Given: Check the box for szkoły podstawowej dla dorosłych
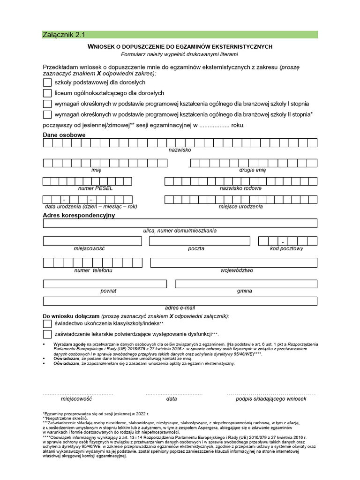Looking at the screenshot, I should pyautogui.click(x=47, y=82).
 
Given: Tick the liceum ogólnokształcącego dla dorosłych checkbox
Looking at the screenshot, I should pyautogui.click(x=47, y=93).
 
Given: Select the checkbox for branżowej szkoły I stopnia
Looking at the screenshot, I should pyautogui.click(x=47, y=104).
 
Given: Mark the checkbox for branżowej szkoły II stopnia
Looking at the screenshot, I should pyautogui.click(x=47, y=114).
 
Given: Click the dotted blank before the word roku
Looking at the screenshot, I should pyautogui.click(x=211, y=126).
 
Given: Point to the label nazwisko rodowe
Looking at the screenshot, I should pyautogui.click(x=240, y=188).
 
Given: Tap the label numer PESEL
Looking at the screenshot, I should pyautogui.click(x=96, y=188).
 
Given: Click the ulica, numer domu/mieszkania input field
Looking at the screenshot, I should pyautogui.click(x=180, y=223).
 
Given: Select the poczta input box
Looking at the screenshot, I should pyautogui.click(x=200, y=241).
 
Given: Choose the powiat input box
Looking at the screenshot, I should pyautogui.click(x=105, y=284).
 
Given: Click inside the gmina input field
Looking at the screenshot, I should pyautogui.click(x=246, y=284).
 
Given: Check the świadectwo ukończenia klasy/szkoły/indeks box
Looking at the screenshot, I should pyautogui.click(x=47, y=323).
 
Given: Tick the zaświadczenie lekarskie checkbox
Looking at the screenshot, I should pyautogui.click(x=47, y=334).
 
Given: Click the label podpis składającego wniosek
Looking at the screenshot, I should pyautogui.click(x=271, y=399).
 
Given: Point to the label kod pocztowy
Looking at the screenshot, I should pyautogui.click(x=286, y=248).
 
